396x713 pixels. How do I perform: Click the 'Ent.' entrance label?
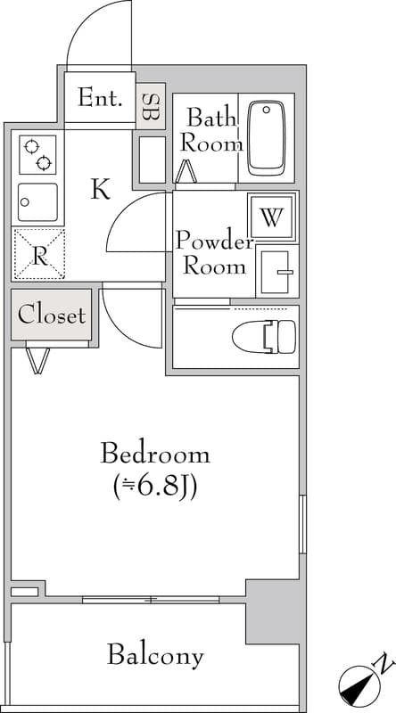[99, 98]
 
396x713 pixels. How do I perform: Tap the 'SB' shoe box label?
[151, 108]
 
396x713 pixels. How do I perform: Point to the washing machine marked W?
[273, 216]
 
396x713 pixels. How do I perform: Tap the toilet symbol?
[264, 336]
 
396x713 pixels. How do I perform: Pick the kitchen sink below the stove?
[37, 201]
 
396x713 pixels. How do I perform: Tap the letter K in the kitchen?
[100, 189]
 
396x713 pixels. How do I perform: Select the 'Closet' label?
[52, 314]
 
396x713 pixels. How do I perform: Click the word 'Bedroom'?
[155, 454]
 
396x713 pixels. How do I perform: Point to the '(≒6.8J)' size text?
[155, 486]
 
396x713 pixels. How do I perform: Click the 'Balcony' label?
[155, 656]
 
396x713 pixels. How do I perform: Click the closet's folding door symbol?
[38, 360]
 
